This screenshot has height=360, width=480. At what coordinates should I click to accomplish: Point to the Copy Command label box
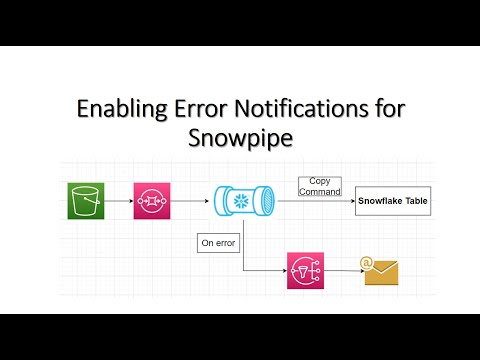(319, 186)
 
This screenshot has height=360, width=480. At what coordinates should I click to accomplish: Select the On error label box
(217, 242)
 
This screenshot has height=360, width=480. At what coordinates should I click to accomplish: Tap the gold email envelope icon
(381, 271)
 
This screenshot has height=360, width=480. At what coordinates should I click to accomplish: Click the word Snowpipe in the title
(240, 138)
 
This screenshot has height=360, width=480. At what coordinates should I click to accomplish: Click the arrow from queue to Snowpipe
(190, 200)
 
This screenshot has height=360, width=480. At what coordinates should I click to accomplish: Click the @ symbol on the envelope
(367, 263)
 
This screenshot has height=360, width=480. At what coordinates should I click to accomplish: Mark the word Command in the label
(319, 191)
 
